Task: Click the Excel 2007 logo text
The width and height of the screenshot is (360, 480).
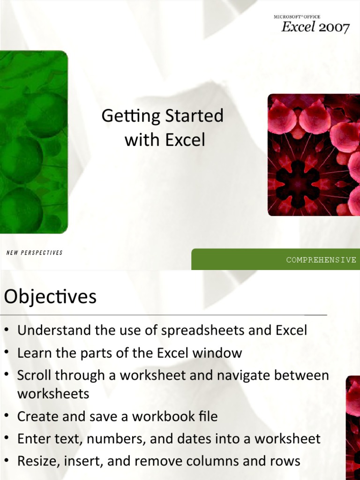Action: pos(315,28)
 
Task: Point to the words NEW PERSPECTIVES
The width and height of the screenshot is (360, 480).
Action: pos(34,253)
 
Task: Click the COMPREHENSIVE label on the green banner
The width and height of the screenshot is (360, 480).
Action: pos(321,260)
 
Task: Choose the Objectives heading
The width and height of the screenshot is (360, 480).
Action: pos(50,297)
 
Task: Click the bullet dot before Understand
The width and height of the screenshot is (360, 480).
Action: pos(7,331)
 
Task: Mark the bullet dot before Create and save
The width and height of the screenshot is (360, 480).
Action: pos(7,417)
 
